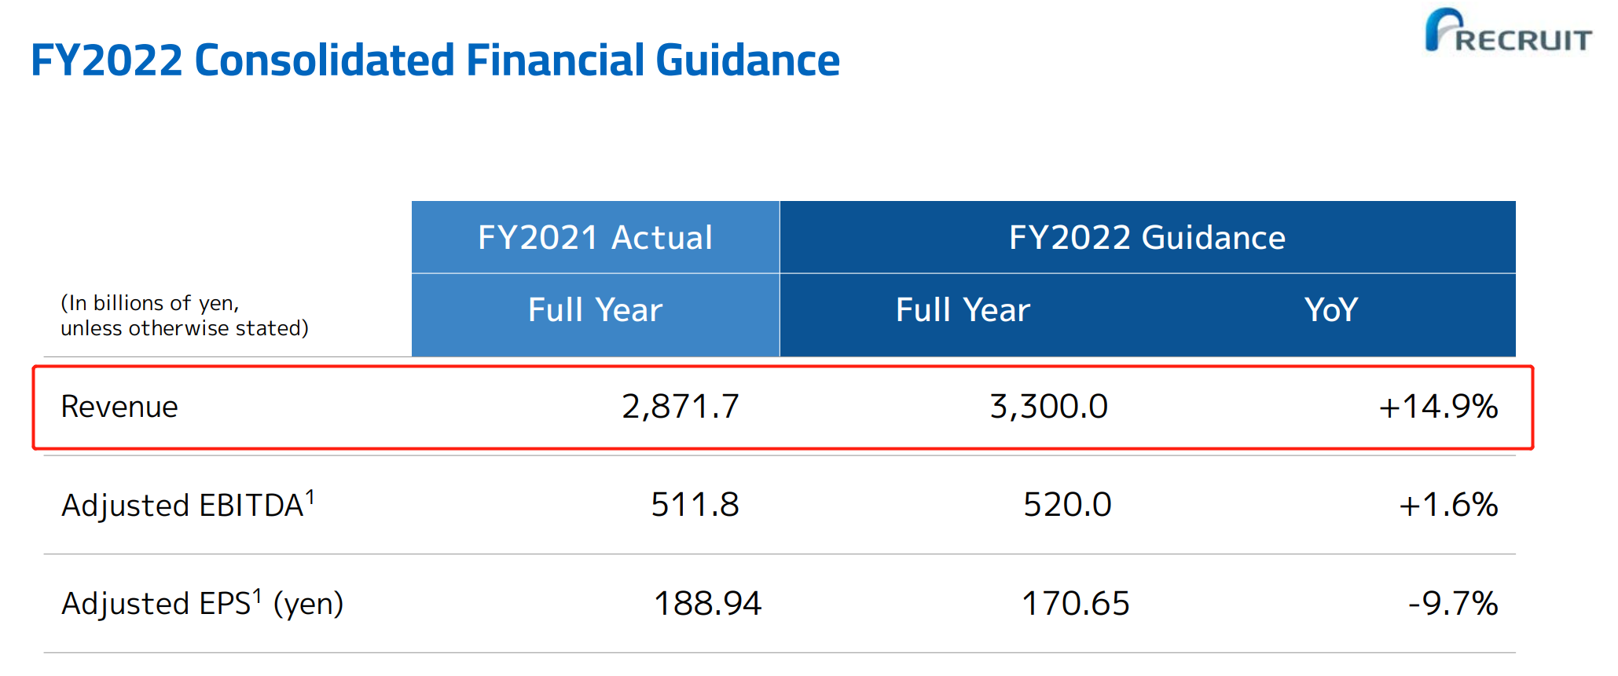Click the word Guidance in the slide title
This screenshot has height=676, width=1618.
click(747, 60)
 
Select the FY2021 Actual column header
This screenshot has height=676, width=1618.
click(595, 237)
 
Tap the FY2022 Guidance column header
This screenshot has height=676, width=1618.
click(1147, 237)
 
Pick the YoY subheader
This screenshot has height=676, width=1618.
click(1330, 310)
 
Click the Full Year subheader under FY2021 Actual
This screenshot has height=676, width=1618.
click(595, 310)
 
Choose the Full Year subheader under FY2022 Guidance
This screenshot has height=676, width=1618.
click(963, 310)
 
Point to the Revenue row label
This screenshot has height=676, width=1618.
click(119, 407)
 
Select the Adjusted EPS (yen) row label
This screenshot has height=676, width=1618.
click(202, 603)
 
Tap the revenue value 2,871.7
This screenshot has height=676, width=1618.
click(681, 407)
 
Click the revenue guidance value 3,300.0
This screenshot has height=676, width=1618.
click(1048, 407)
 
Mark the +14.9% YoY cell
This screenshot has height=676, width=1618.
click(1438, 407)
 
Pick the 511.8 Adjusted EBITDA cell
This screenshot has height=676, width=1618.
click(695, 505)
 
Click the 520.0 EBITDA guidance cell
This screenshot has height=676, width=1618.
click(1067, 505)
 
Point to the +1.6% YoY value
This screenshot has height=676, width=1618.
click(1448, 505)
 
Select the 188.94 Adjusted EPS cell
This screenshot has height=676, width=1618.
click(707, 604)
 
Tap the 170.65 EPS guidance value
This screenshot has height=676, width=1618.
click(1075, 604)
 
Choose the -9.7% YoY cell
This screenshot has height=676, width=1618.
click(1453, 604)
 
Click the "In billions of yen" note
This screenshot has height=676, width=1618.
click(184, 316)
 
